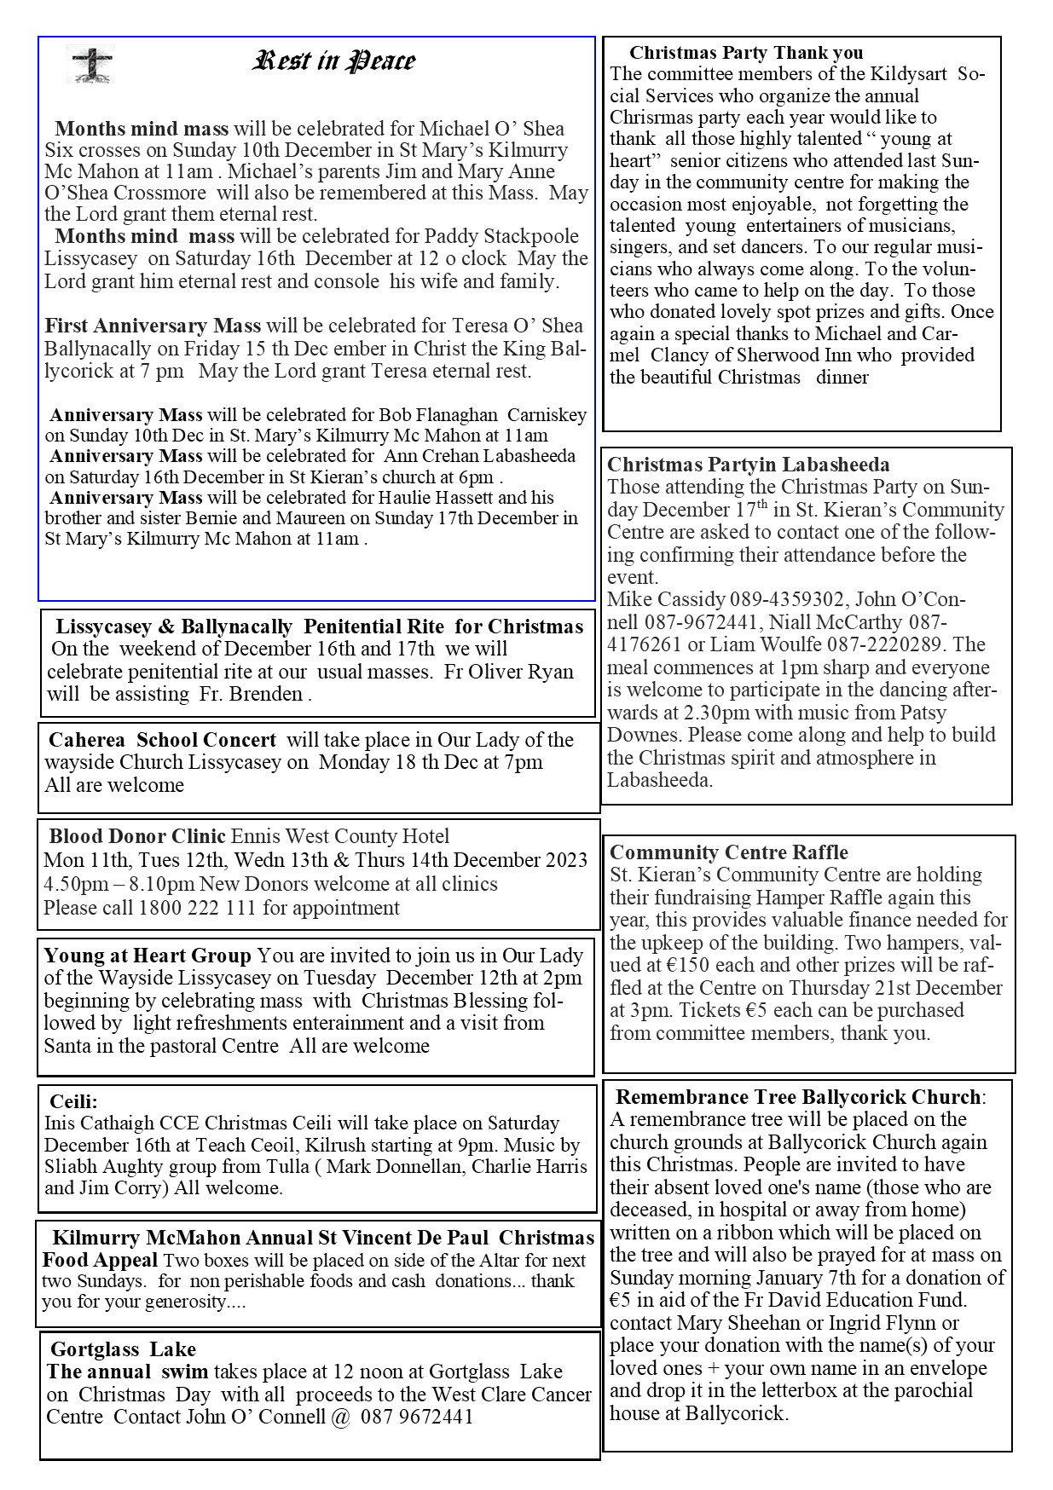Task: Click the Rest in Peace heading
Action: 334,61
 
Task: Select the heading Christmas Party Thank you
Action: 746,53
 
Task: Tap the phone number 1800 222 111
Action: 197,908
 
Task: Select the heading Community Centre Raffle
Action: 729,852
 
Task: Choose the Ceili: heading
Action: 73,1101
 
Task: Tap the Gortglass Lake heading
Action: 123,1349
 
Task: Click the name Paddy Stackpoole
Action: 507,237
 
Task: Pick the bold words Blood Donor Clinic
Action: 137,836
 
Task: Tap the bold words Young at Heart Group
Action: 148,956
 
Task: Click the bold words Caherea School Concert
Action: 162,740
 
